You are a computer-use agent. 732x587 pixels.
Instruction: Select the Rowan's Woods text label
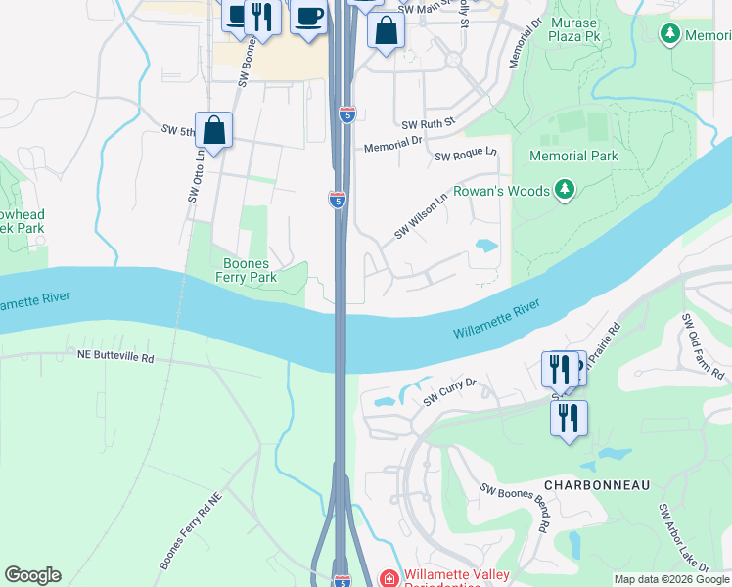point(499,191)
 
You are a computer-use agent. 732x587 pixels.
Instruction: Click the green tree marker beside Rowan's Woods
point(564,190)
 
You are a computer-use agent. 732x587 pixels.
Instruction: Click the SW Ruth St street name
point(430,125)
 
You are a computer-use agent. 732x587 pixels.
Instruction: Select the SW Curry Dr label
point(449,392)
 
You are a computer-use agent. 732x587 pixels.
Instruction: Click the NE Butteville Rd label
point(115,358)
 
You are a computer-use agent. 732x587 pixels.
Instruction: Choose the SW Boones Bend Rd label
point(514,507)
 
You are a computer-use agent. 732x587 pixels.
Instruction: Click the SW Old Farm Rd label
point(703,347)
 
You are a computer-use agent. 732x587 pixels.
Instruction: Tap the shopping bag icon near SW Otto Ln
point(214,130)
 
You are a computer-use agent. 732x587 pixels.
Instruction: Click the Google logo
point(32,575)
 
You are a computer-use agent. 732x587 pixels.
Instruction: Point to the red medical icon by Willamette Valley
point(389,579)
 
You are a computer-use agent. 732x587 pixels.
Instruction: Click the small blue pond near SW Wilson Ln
point(485,245)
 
